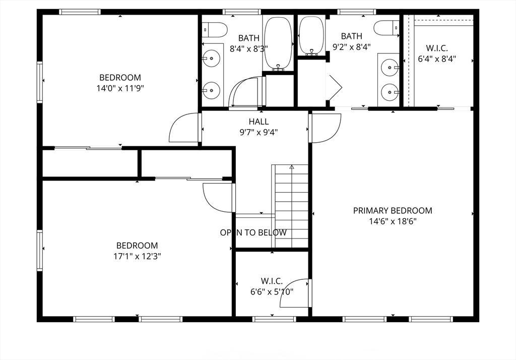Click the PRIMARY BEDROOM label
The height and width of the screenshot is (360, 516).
(393, 210)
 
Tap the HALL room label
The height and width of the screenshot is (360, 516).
(259, 122)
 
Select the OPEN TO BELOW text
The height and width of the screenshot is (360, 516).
(253, 232)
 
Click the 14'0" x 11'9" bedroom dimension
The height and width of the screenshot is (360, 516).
(120, 88)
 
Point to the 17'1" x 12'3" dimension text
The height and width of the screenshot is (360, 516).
(137, 256)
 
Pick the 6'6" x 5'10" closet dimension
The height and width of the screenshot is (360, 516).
(272, 292)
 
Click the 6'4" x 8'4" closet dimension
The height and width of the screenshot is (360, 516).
(437, 59)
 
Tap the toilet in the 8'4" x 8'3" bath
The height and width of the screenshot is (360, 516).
(215, 30)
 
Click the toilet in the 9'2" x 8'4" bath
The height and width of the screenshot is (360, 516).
(386, 28)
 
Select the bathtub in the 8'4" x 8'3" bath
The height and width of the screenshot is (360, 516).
(278, 44)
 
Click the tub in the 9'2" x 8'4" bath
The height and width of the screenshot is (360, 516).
(311, 36)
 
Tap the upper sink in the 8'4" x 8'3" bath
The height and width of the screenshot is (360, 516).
(211, 58)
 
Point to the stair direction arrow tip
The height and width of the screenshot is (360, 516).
(292, 166)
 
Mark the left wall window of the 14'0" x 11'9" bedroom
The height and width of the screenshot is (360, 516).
(39, 82)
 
